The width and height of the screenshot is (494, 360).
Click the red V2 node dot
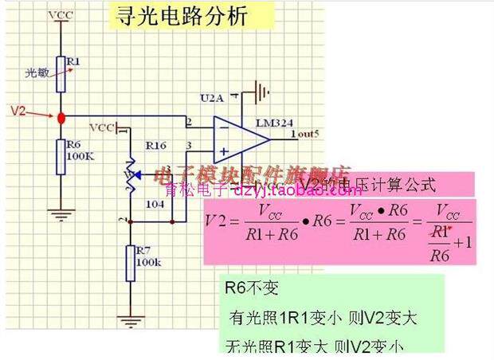pos(61,118)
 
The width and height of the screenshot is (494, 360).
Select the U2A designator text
pos(212,98)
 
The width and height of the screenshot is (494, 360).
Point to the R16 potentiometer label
pos(155,146)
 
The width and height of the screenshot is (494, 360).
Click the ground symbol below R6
pos(61,213)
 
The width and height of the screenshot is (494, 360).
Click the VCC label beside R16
pos(101,127)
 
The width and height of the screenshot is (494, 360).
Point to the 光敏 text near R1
pos(35,72)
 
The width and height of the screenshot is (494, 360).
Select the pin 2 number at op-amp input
pos(189,122)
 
